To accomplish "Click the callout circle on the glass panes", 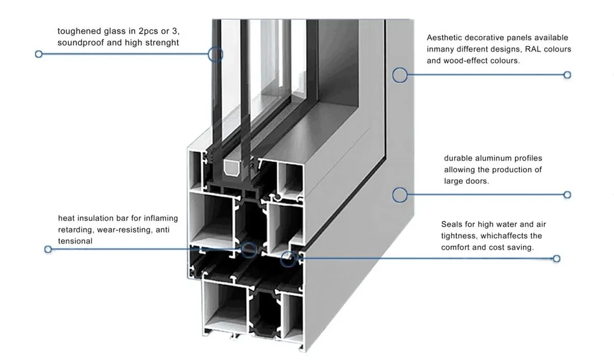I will pyautogui.click(x=215, y=54).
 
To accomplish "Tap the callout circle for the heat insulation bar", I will pyautogui.click(x=249, y=249).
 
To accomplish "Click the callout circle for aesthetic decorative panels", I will pyautogui.click(x=399, y=75).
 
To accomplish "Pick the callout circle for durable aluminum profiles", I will pyautogui.click(x=399, y=195).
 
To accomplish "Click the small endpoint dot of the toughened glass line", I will pyautogui.click(x=39, y=54).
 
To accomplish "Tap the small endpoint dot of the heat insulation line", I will pyautogui.click(x=48, y=249).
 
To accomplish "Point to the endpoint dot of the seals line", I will pyautogui.click(x=557, y=259).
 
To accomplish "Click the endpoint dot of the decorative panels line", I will pyautogui.click(x=567, y=75).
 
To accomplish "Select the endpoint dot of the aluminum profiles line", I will pyautogui.click(x=567, y=195).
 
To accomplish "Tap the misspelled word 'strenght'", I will pyautogui.click(x=162, y=42).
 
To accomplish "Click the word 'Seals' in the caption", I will pyautogui.click(x=452, y=224).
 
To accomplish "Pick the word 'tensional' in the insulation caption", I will pyautogui.click(x=75, y=241).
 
